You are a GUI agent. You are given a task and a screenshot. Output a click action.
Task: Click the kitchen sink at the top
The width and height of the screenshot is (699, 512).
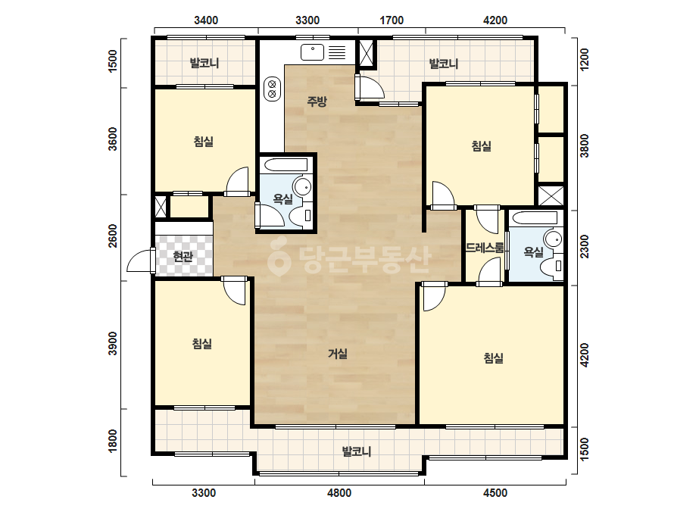(x=323, y=52)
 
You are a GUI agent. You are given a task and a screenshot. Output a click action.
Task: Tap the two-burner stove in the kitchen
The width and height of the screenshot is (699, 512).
(x=272, y=89)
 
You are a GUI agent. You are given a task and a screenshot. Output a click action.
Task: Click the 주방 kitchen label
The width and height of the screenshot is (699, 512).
(x=317, y=101)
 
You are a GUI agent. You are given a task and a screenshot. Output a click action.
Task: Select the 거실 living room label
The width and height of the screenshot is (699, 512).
(x=338, y=354)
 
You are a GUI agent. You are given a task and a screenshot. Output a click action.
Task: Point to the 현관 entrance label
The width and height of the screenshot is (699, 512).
(x=183, y=257)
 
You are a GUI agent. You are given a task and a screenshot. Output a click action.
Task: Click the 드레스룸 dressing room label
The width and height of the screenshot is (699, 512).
(x=485, y=248)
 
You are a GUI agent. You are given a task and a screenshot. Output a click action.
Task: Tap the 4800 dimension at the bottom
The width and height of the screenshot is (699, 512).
(x=339, y=493)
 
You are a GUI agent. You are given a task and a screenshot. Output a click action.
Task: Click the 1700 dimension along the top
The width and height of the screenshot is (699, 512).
(x=392, y=20)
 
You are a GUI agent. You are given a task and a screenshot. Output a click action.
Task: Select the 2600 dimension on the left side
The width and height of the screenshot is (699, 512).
(x=113, y=236)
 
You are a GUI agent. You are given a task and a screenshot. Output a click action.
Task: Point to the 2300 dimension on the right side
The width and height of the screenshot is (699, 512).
(x=584, y=247)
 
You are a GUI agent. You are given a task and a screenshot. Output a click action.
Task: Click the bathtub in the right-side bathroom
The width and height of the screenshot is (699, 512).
(x=535, y=219)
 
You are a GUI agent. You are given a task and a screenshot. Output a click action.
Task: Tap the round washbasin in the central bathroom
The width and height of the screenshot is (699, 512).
(x=303, y=186)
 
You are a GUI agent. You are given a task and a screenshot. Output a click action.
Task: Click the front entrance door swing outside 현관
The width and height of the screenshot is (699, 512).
(x=140, y=261)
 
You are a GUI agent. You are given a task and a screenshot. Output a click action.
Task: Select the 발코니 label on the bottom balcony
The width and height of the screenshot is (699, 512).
(x=357, y=452)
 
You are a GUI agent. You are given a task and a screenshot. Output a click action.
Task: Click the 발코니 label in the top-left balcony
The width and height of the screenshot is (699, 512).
(x=204, y=63)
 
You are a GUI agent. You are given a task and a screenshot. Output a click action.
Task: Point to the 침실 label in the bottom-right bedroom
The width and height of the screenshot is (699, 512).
(x=494, y=358)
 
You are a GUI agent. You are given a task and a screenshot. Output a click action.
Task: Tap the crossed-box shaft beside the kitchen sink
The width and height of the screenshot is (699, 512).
(x=367, y=54)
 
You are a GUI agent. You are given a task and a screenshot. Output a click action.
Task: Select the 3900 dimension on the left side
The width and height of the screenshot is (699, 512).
(x=113, y=343)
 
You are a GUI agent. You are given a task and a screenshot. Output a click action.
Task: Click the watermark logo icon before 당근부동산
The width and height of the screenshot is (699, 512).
(x=279, y=257)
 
